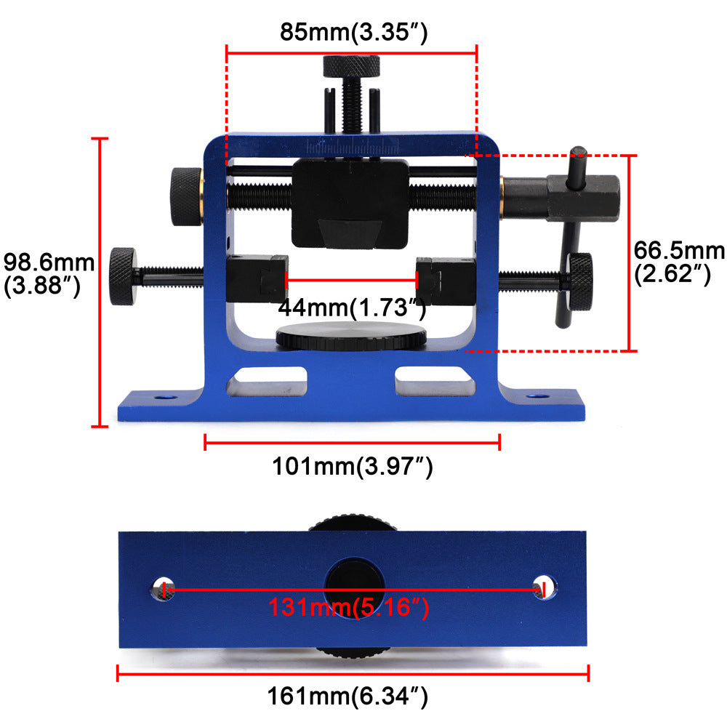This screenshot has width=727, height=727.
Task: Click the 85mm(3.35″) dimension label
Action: pyautogui.click(x=353, y=33)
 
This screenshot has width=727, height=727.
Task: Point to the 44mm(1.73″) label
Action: pyautogui.click(x=352, y=308)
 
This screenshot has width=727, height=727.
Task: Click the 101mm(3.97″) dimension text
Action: pyautogui.click(x=353, y=466)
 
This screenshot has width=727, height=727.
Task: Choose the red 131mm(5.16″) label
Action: pyautogui.click(x=349, y=607)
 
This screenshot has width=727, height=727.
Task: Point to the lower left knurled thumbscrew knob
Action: pyautogui.click(x=122, y=276)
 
